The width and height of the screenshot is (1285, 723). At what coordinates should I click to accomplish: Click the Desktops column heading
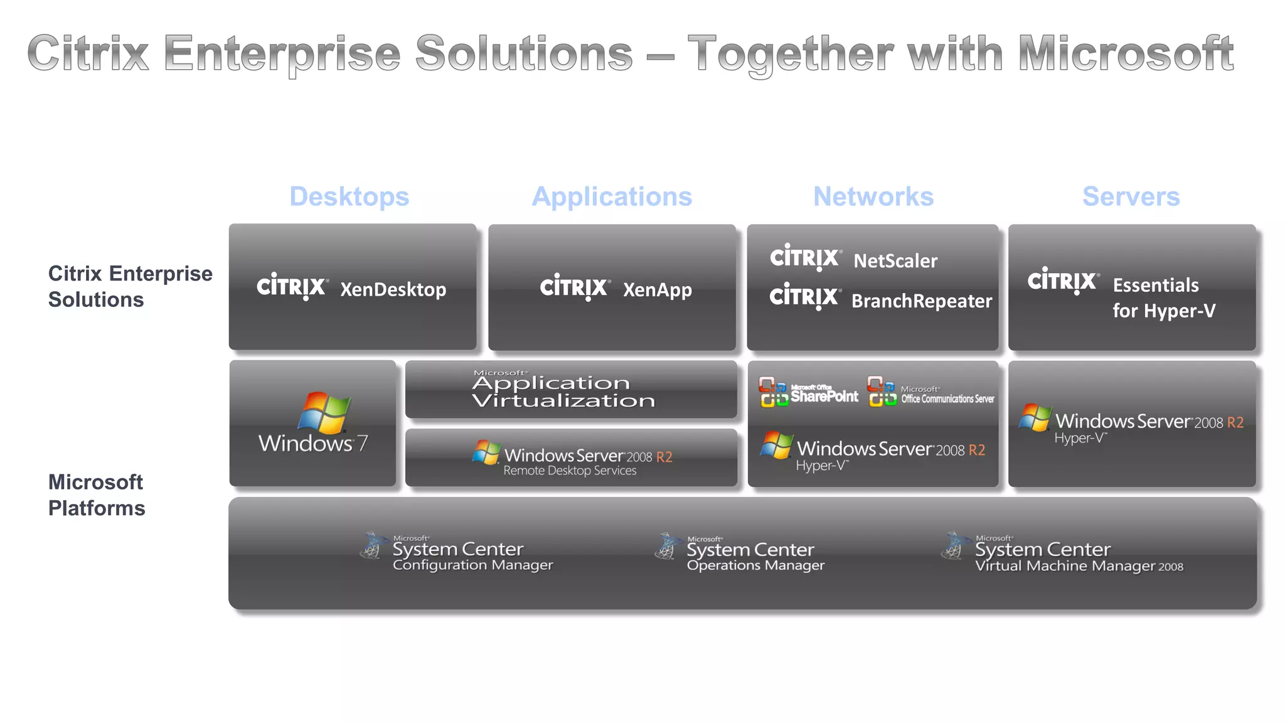click(x=349, y=196)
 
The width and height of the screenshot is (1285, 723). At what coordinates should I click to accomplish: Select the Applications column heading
click(x=612, y=196)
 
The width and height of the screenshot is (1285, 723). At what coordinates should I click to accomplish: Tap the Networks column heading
click(x=873, y=196)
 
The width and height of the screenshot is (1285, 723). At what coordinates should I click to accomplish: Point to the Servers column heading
click(x=1131, y=196)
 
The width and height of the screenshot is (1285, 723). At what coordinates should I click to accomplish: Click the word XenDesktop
click(x=393, y=289)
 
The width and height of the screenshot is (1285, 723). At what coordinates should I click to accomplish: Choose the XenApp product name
click(x=657, y=289)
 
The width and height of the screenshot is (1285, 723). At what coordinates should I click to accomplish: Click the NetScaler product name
click(x=895, y=260)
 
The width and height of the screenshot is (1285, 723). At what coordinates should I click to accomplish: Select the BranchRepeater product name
click(x=921, y=301)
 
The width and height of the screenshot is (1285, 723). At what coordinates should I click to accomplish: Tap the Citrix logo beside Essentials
click(x=1063, y=281)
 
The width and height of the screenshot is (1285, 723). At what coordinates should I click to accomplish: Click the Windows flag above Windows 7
click(x=324, y=412)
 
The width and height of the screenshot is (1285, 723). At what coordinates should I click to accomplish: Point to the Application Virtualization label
click(x=563, y=391)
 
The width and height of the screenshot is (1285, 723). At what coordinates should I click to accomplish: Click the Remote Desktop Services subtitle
click(x=570, y=471)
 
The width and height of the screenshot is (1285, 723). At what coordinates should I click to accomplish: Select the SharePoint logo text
click(x=824, y=395)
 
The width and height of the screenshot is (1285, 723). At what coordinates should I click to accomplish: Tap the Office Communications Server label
click(x=947, y=398)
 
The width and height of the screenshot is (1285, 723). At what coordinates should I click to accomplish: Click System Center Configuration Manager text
click(x=472, y=556)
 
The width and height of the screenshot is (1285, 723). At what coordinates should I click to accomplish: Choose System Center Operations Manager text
click(x=755, y=557)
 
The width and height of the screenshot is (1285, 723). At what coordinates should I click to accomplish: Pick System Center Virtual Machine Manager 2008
click(x=1078, y=557)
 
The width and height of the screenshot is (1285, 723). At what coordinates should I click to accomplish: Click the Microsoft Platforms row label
click(x=97, y=495)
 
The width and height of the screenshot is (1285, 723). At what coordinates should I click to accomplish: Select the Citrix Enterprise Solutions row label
click(x=130, y=286)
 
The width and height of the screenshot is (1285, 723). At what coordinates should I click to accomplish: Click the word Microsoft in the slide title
click(x=1126, y=54)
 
